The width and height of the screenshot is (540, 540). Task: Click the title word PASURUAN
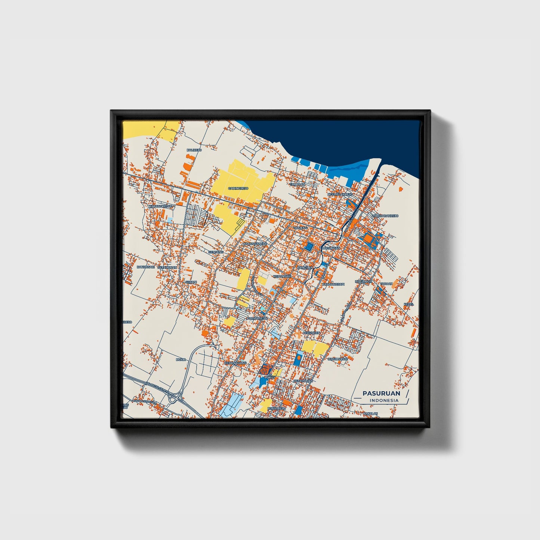pos(381,393)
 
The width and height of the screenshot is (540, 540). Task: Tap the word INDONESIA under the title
pos(384,400)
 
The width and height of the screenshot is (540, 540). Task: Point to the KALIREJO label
pos(194,150)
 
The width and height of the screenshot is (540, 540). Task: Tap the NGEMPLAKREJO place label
pos(340,195)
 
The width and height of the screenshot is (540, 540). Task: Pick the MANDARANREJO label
pos(385,216)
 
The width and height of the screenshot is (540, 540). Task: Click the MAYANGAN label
pos(331,248)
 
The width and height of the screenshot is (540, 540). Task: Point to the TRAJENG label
pos(300,228)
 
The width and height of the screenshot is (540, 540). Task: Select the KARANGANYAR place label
pos(254,244)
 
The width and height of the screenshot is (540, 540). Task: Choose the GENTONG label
pos(215,252)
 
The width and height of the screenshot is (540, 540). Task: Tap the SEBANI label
pos(191,282)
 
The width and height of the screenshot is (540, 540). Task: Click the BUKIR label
pos(180,359)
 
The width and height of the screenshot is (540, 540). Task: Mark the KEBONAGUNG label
pos(235,363)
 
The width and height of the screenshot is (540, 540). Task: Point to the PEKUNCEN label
pos(311,333)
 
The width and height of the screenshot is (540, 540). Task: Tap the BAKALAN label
pos(370,413)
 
